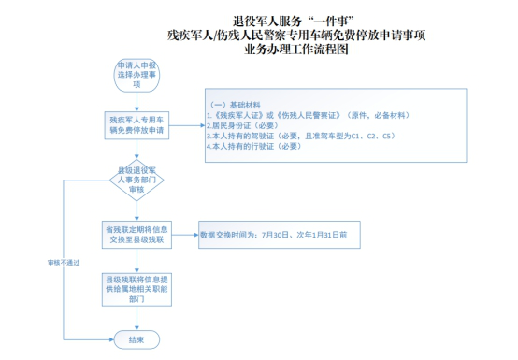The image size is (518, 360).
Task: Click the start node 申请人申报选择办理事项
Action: (x=136, y=75)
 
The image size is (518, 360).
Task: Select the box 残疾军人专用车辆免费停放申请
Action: (x=136, y=125)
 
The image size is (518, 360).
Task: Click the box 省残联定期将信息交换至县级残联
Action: (x=136, y=233)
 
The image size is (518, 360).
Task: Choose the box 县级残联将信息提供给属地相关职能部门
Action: (x=136, y=288)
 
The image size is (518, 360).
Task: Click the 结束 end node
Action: (x=136, y=338)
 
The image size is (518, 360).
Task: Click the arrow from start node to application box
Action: (x=136, y=101)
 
